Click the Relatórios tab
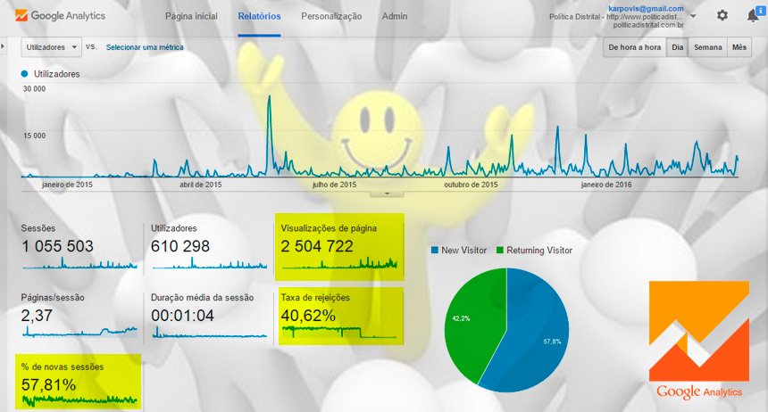(x=259, y=16)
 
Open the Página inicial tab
(x=192, y=16)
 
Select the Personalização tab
(x=331, y=16)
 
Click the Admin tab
(x=395, y=16)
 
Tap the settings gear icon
(x=722, y=16)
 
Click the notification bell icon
(x=753, y=16)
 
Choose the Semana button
(x=708, y=47)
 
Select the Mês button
(x=739, y=47)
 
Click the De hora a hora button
(x=634, y=47)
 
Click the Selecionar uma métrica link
(x=145, y=47)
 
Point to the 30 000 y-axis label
(x=34, y=89)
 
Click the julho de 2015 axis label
(x=334, y=185)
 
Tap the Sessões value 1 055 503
(x=57, y=247)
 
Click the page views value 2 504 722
(x=317, y=247)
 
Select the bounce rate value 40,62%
(x=308, y=315)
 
